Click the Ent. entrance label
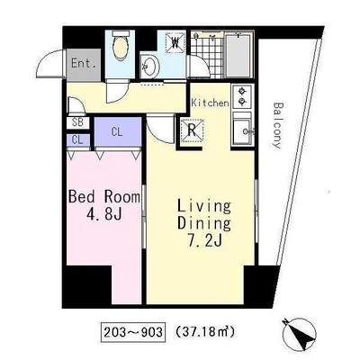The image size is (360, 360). click(x=84, y=64)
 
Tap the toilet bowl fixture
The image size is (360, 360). click(x=121, y=46)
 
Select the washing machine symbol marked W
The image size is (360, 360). click(x=175, y=42)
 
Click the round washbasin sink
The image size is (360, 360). click(x=150, y=66)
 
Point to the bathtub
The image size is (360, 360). click(x=238, y=55)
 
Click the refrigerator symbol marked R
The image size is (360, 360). click(x=192, y=130)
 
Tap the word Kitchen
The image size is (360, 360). click(x=210, y=103)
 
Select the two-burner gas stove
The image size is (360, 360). click(x=242, y=96)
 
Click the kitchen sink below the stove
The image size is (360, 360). click(x=242, y=130)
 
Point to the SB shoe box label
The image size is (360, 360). click(x=77, y=123)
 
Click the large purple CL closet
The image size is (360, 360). click(x=118, y=131)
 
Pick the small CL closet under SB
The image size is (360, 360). click(x=77, y=140)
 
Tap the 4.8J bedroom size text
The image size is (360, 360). click(x=103, y=214)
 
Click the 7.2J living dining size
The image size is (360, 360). click(x=204, y=240)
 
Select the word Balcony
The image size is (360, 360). click(x=278, y=125)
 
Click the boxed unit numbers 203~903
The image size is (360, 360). click(x=133, y=332)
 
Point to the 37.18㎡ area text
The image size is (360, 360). click(x=204, y=332)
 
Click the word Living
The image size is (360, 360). click(x=204, y=207)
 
